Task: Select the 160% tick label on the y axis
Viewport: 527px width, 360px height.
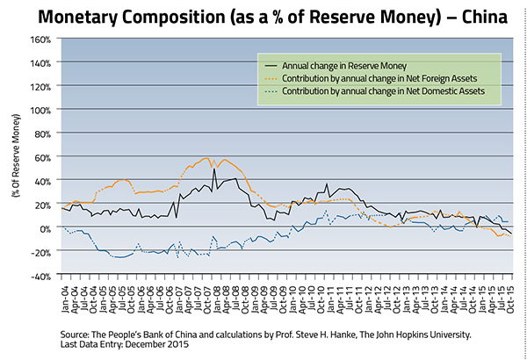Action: pos(40,40)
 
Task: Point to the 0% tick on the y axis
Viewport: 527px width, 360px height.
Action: pos(45,228)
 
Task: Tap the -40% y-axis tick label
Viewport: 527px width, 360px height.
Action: pos(40,276)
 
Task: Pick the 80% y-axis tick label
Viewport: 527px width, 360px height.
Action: pos(43,134)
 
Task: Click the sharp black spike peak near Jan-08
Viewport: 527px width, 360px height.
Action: pos(214,169)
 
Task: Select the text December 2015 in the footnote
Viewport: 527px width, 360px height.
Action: pos(162,346)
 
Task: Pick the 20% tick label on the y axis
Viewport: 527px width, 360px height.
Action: pos(43,205)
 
